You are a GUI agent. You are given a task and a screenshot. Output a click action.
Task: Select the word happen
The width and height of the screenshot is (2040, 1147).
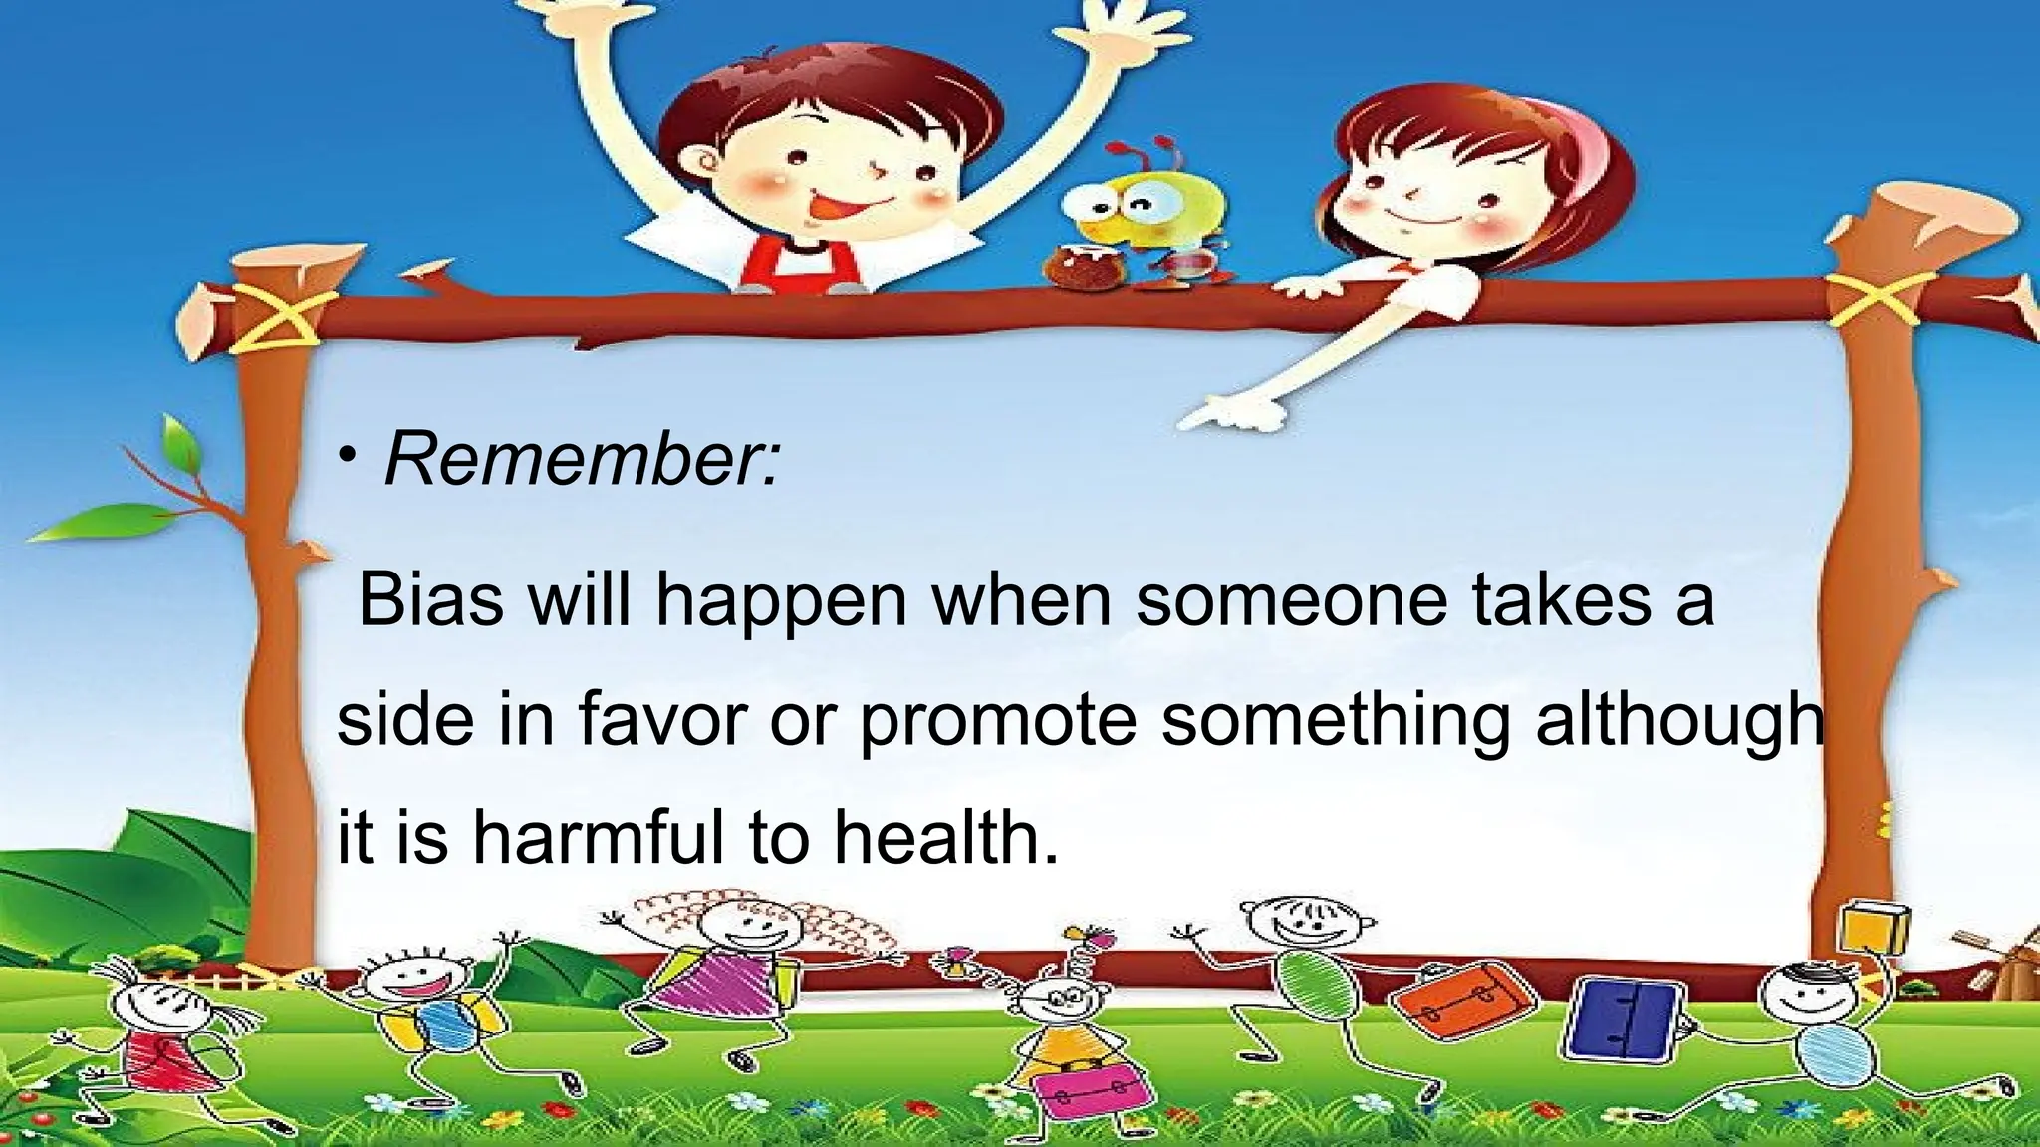[x=780, y=601]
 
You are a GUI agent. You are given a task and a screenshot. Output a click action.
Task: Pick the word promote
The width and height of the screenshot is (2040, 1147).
[x=996, y=721]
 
